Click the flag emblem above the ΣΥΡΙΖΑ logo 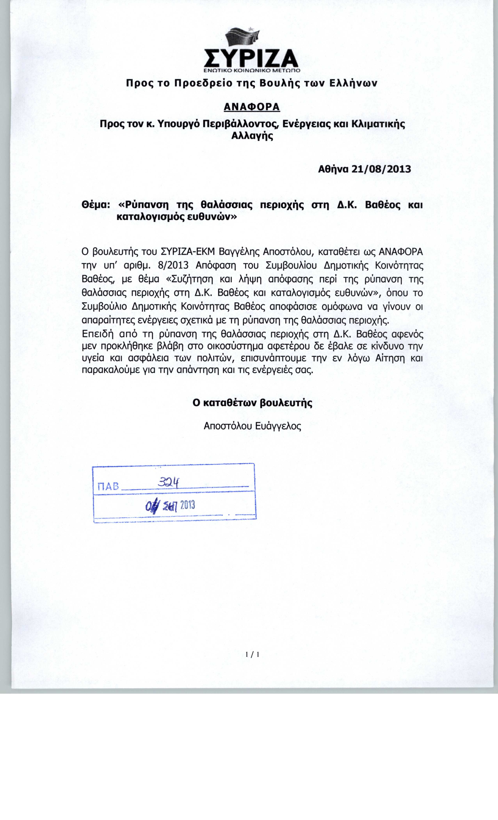242,38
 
